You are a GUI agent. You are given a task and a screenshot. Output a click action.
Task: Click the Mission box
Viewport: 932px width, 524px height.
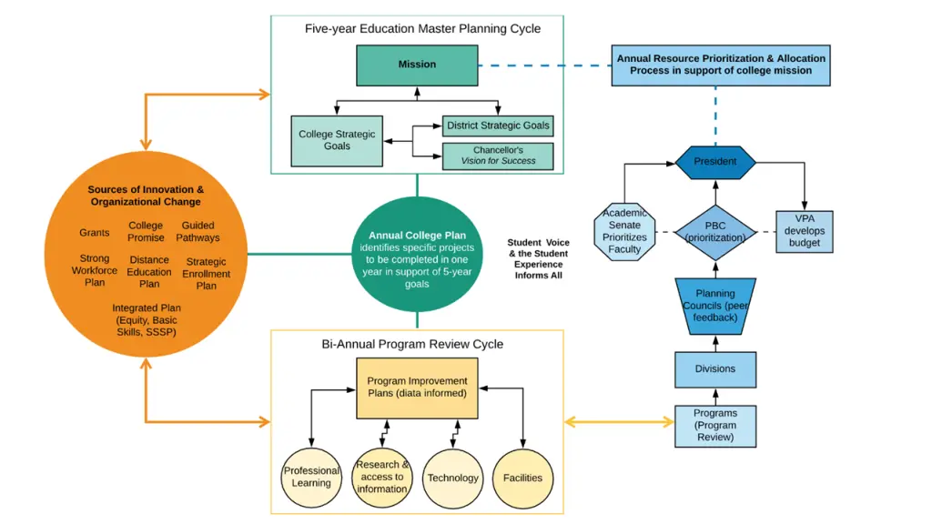[x=417, y=65]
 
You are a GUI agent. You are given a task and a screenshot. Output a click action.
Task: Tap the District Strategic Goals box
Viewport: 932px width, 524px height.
[x=499, y=126]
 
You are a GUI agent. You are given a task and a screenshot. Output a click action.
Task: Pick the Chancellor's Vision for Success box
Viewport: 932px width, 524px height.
[x=498, y=156]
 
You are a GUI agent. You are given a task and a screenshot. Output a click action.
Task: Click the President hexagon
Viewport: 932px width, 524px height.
[x=715, y=162]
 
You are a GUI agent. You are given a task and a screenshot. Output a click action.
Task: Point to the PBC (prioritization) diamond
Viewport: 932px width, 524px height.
[x=715, y=231]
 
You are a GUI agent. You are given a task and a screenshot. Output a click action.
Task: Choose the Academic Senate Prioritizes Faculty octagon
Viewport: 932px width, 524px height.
[x=624, y=231]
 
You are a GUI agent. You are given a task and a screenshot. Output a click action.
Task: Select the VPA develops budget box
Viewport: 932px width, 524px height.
[x=805, y=231]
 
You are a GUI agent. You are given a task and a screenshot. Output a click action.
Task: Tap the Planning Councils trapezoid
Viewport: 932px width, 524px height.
[x=715, y=306]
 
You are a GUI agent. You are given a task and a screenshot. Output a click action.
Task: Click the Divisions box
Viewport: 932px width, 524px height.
[x=715, y=369]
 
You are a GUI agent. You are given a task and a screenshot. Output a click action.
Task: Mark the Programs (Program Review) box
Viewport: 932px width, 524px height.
[x=715, y=425]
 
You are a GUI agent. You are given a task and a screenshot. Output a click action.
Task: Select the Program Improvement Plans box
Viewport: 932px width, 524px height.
[x=417, y=388]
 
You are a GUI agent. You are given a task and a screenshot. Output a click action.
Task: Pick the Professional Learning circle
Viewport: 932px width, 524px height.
[x=311, y=478]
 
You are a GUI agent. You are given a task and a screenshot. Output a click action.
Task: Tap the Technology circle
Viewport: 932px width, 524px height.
[x=452, y=478]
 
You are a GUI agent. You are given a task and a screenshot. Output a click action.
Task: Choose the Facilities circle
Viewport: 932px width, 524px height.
[x=523, y=478]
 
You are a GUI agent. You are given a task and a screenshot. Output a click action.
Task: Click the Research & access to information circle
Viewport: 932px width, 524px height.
[x=382, y=478]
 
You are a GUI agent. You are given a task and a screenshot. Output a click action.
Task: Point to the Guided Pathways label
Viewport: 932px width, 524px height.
[x=198, y=232]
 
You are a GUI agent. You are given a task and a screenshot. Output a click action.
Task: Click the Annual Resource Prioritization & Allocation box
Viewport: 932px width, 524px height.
[x=721, y=65]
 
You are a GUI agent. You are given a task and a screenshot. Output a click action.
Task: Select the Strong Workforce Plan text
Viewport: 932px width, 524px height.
[x=95, y=270]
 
